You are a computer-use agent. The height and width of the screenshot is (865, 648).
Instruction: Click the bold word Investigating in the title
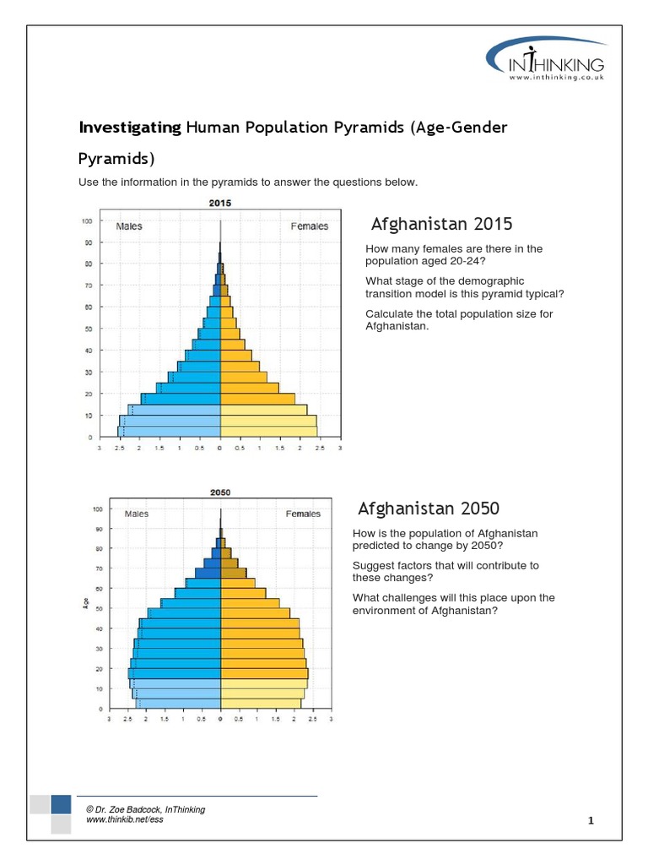pos(129,127)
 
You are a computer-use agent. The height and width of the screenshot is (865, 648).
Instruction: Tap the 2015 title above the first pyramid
pos(220,203)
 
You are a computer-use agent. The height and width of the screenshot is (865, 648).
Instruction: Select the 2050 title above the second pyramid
pos(220,492)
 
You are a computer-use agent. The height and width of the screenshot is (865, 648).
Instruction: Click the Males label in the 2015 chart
pos(129,226)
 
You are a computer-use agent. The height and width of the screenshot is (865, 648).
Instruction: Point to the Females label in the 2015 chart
pos(310,226)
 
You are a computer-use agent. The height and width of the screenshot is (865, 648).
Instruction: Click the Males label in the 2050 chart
pos(137,514)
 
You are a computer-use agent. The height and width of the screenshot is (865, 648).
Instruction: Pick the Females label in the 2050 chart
pos(303,514)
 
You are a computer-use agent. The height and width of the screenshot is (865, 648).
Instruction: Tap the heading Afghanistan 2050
pos(429,509)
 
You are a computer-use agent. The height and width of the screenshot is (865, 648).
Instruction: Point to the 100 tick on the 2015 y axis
pos(86,221)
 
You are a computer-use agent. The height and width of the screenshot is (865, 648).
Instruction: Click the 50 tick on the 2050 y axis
pos(99,608)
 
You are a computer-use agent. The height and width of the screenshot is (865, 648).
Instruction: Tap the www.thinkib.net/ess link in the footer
pos(125,820)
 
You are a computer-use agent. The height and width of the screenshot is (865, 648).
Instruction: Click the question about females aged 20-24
pos(453,255)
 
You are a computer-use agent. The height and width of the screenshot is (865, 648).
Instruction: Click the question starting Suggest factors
pos(445,571)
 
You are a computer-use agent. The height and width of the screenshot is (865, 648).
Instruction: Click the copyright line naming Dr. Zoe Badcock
pos(146,809)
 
